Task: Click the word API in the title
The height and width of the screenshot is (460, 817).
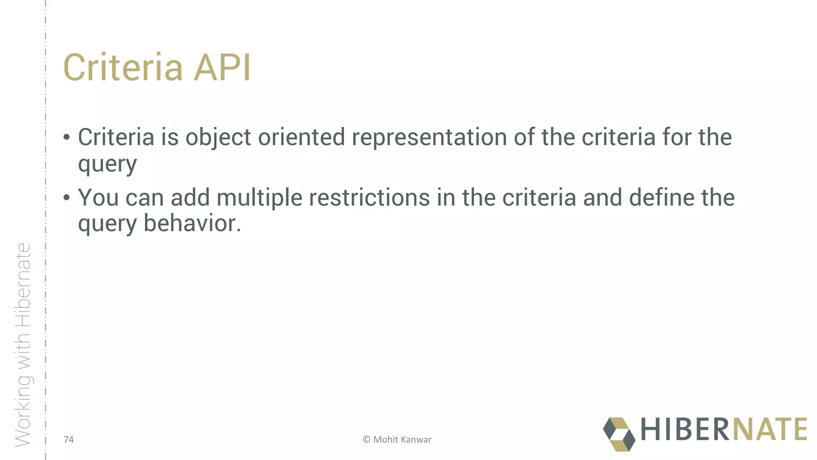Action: coord(222,68)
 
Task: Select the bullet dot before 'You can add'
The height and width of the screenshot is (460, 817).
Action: coord(67,198)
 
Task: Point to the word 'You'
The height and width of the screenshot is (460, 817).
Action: coord(98,198)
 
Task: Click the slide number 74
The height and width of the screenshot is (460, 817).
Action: coord(69,440)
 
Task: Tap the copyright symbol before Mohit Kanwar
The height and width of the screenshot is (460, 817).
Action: coord(367,440)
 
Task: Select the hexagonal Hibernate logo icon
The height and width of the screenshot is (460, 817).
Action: coord(619,434)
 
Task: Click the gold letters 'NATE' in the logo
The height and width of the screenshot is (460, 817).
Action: coord(770,429)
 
